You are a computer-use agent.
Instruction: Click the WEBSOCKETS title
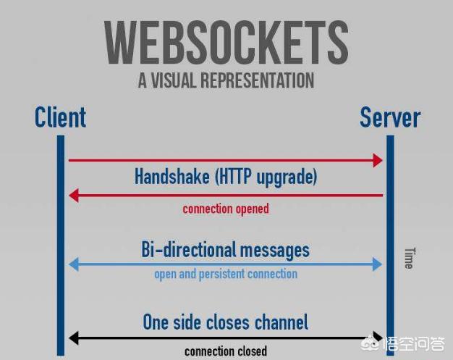[x=226, y=42]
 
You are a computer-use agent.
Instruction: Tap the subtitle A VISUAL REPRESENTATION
[x=226, y=80]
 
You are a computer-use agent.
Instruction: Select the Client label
[x=60, y=117]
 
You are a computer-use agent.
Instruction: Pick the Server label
[x=389, y=117]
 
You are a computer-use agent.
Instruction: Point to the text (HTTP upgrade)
[x=268, y=177]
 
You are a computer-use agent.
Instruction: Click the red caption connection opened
[x=225, y=209]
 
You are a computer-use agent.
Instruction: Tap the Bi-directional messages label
[x=225, y=250]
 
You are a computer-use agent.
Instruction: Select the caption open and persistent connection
[x=225, y=274]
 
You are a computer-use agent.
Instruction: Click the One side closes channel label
[x=225, y=322]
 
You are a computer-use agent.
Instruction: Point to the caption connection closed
[x=225, y=351]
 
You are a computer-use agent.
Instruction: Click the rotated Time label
[x=408, y=258]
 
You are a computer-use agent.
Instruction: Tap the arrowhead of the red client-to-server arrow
[x=377, y=160]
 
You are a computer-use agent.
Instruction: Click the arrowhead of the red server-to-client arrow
[x=73, y=195]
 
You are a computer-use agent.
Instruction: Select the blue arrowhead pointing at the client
[x=73, y=264]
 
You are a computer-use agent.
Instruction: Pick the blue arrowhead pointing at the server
[x=377, y=264]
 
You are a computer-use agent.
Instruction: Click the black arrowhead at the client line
[x=73, y=338]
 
